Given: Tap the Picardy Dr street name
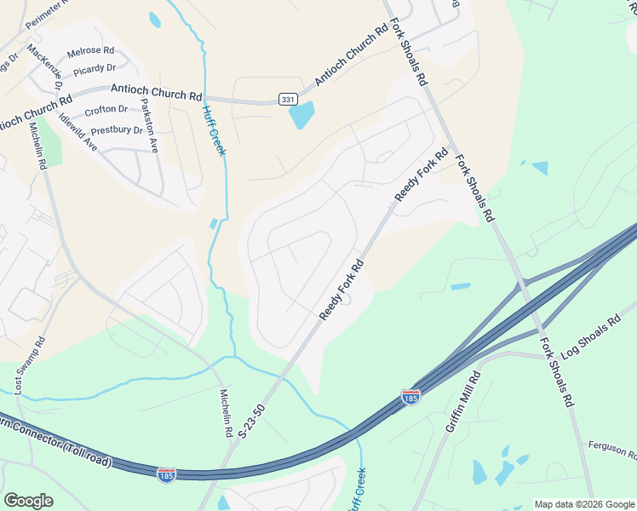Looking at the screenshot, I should (x=94, y=67).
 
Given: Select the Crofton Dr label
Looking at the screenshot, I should (x=106, y=109).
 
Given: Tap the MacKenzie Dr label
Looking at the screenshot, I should (x=45, y=67).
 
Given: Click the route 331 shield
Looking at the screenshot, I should (x=287, y=100).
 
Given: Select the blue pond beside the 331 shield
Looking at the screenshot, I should (x=302, y=115).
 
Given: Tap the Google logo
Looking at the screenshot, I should (x=28, y=500).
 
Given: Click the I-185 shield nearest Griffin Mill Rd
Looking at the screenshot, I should (x=410, y=396).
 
